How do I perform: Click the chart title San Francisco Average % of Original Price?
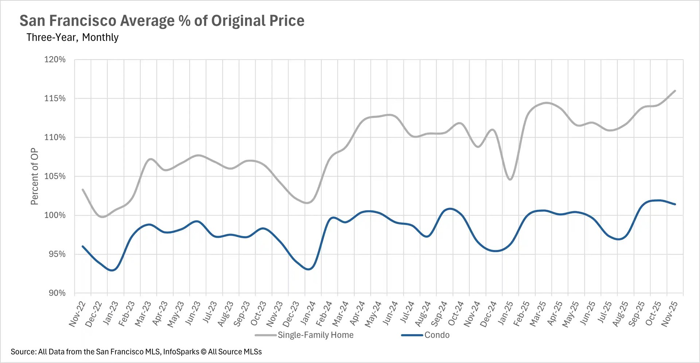[x=162, y=21]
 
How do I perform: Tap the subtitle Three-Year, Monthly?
[x=72, y=37]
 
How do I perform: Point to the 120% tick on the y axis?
[x=55, y=59]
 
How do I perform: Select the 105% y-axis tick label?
[x=55, y=176]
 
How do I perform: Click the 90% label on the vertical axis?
[x=57, y=293]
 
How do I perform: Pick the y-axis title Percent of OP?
[x=34, y=176]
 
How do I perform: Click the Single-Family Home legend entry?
[x=315, y=335]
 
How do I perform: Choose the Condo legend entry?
[x=436, y=335]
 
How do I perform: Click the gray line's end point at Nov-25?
[x=675, y=91]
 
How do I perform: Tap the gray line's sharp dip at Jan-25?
[x=510, y=179]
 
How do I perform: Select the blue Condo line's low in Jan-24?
[x=308, y=269]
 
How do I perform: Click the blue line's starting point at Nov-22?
[x=83, y=246]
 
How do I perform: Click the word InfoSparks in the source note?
[x=181, y=352]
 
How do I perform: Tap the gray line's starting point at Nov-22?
[x=83, y=189]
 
